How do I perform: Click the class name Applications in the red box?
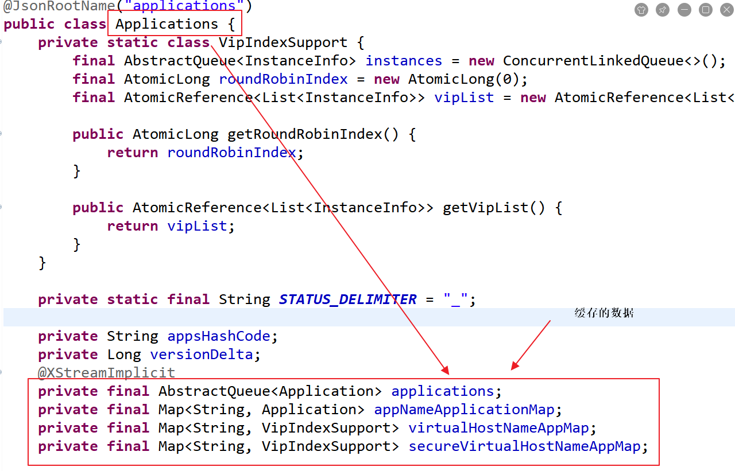[x=167, y=24]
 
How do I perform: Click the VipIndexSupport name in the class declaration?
[x=283, y=42]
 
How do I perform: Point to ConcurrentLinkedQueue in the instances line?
[x=593, y=61]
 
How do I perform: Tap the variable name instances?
[x=404, y=61]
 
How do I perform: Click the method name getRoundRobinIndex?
[x=304, y=134]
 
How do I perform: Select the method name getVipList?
[x=485, y=208]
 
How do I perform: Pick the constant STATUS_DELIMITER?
[x=347, y=299]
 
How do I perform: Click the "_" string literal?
[x=456, y=299]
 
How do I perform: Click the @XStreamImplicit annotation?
[x=106, y=373]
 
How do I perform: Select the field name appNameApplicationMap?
[x=464, y=410]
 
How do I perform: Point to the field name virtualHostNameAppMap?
[x=498, y=428]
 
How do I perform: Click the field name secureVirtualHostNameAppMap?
[x=524, y=446]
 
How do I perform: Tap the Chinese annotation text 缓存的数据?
[x=604, y=313]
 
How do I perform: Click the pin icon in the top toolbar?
[x=663, y=10]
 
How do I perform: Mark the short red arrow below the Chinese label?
[x=531, y=344]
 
